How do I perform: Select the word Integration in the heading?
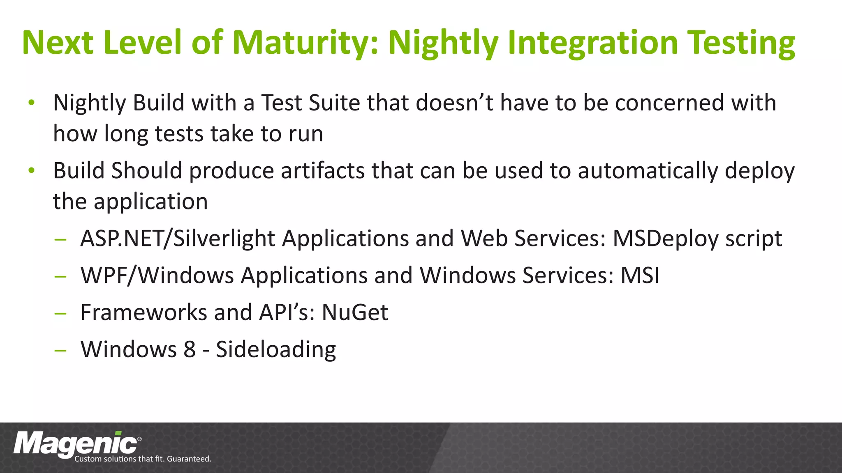(592, 43)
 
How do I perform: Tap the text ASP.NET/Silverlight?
(177, 239)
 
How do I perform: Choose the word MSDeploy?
(665, 239)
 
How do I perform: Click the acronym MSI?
(640, 276)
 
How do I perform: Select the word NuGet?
(354, 312)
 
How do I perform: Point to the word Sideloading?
(276, 349)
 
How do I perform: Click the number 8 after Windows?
(190, 349)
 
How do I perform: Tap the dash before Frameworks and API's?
(60, 313)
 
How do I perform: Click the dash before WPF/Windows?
(60, 276)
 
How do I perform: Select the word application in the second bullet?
(150, 202)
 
